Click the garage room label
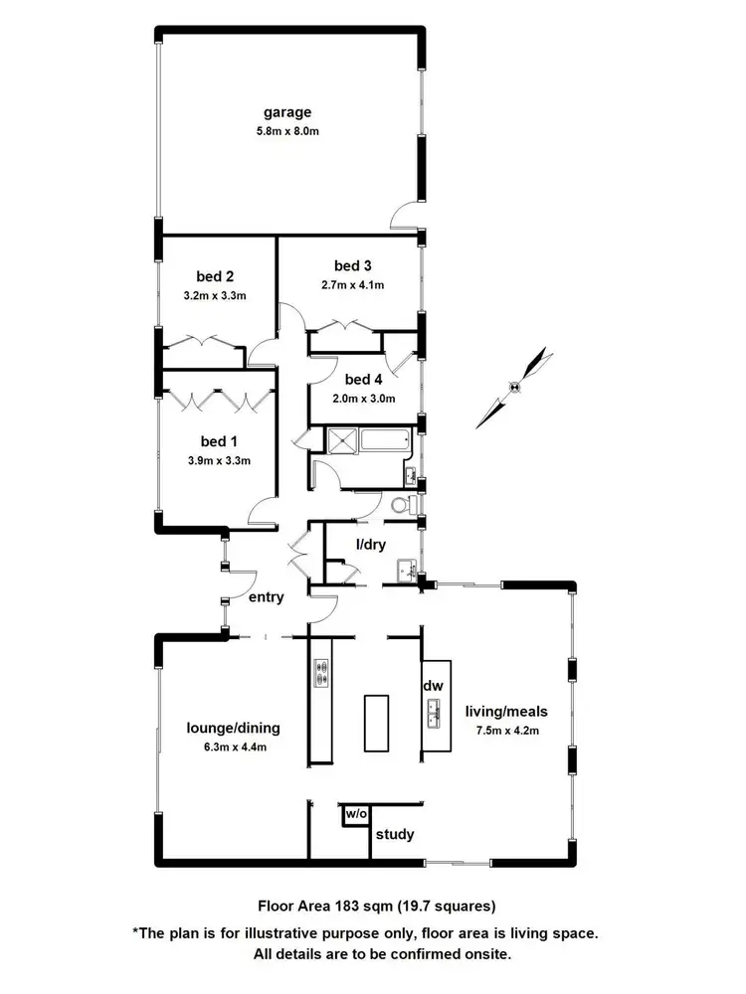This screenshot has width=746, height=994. point(287,112)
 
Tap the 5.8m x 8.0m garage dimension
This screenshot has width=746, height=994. point(287,130)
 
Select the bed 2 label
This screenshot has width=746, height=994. point(215,276)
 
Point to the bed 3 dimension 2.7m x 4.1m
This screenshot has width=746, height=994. point(352,284)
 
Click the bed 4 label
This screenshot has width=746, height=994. point(363,380)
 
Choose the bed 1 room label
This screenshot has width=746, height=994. point(219,441)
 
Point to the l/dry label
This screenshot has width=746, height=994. point(371,545)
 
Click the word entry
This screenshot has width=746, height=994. point(268,597)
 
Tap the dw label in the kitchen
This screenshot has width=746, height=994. point(433,687)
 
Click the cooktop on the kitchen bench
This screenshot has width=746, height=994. point(321,673)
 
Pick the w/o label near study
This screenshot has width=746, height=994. point(355,814)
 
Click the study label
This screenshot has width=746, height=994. point(395,834)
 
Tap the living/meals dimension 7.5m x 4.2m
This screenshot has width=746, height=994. point(506,730)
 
